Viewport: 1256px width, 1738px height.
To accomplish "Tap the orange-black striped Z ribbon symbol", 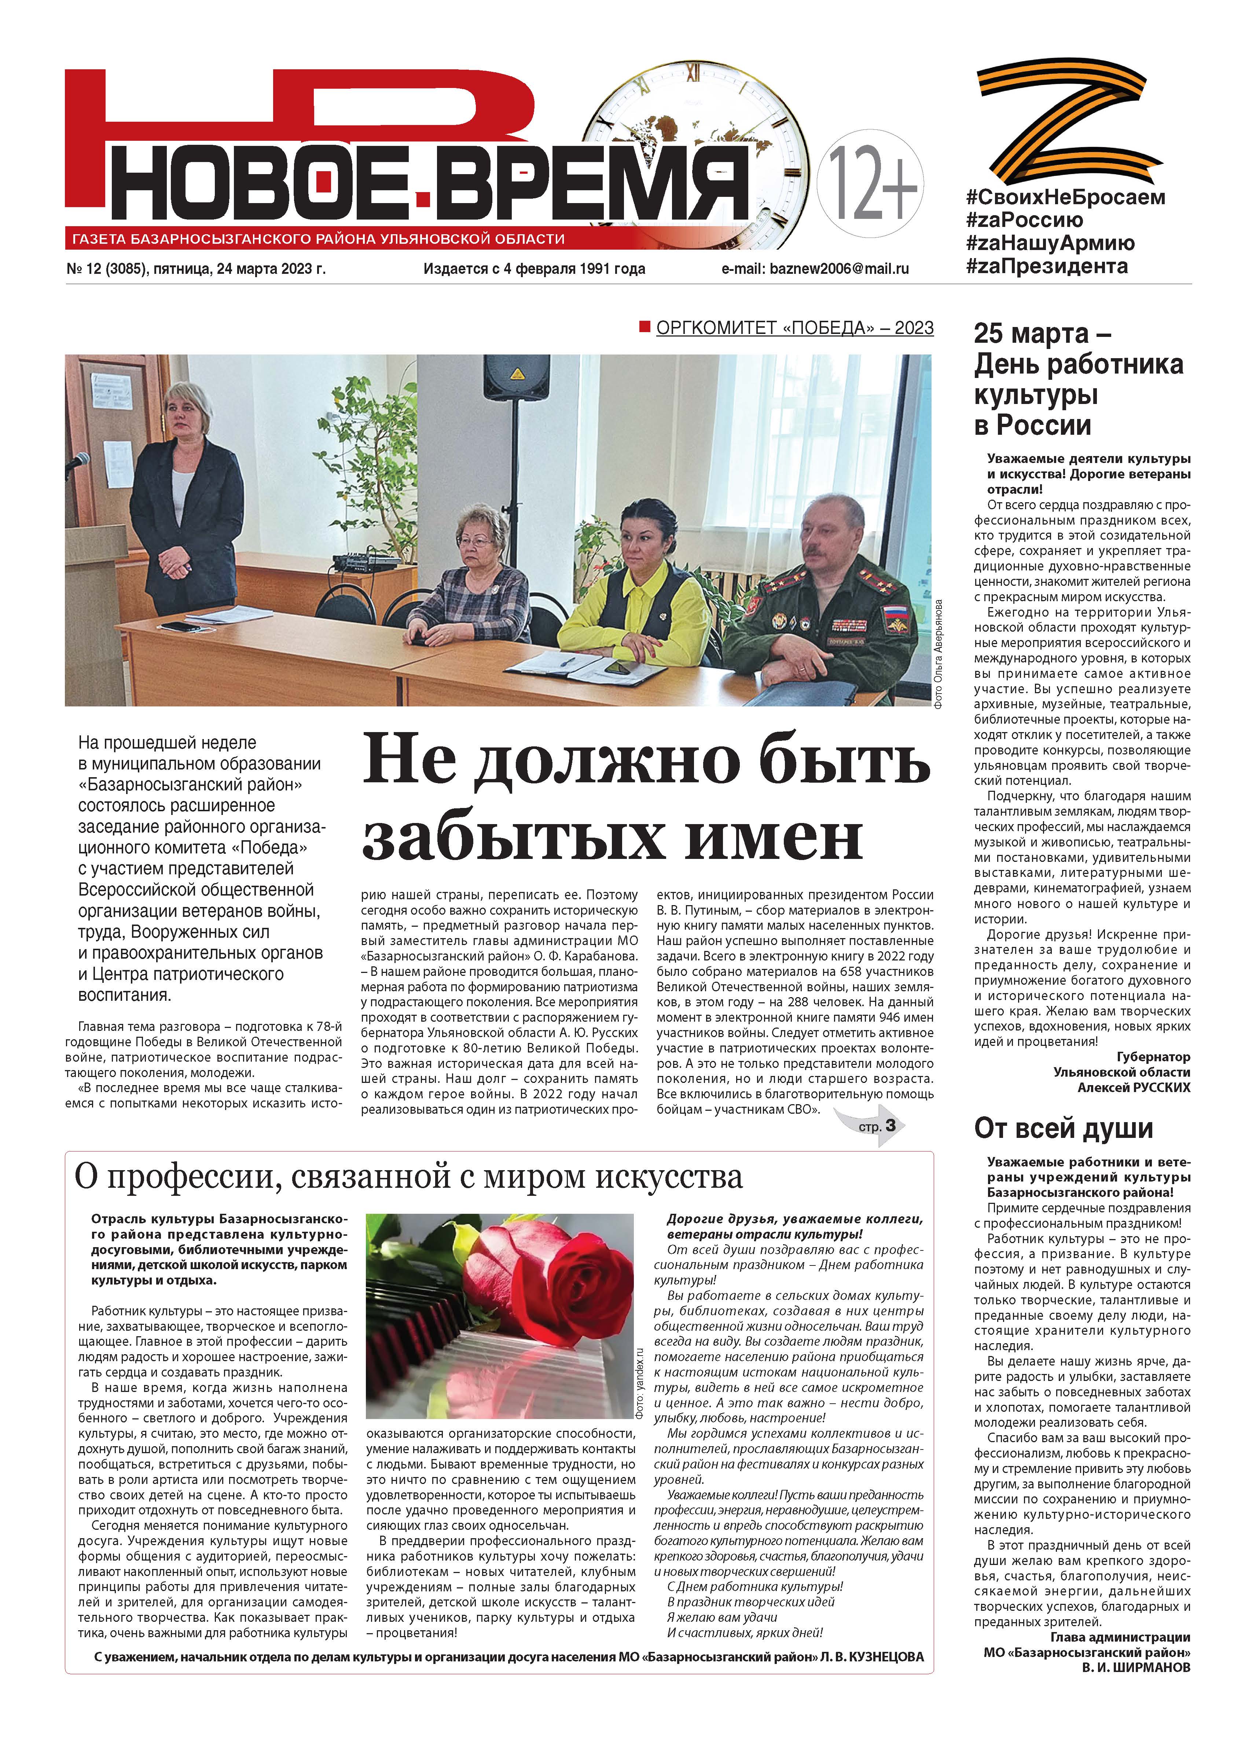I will [1070, 120].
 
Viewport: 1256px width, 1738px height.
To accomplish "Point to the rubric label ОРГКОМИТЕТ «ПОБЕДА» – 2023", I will [794, 328].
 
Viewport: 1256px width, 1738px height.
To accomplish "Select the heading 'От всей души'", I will [1063, 1129].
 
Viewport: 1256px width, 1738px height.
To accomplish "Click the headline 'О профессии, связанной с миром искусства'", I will [408, 1178].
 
